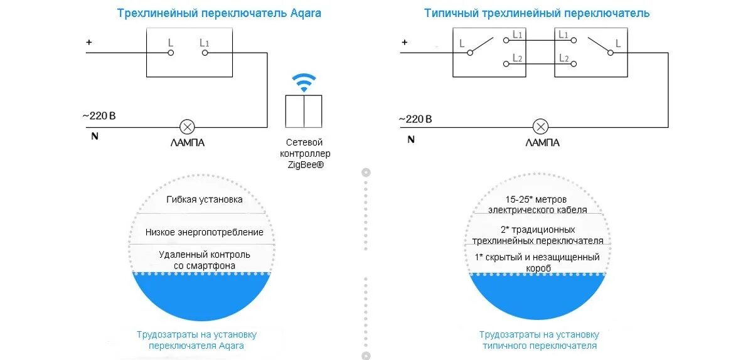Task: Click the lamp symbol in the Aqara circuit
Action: point(186,125)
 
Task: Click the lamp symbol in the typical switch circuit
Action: point(541,125)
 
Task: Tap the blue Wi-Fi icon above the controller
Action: point(304,83)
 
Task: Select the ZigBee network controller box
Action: point(304,111)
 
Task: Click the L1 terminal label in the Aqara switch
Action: point(205,43)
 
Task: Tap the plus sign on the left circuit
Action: point(89,43)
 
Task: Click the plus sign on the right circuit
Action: point(405,43)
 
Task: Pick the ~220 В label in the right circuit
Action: point(416,119)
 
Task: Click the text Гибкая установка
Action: point(205,199)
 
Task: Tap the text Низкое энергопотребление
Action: point(205,232)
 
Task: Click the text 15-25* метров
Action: point(538,199)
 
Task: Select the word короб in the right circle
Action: point(538,268)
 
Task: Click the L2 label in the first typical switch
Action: point(518,58)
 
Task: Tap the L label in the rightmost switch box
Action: point(618,43)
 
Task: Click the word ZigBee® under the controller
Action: point(304,165)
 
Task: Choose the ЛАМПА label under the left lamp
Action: point(187,142)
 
